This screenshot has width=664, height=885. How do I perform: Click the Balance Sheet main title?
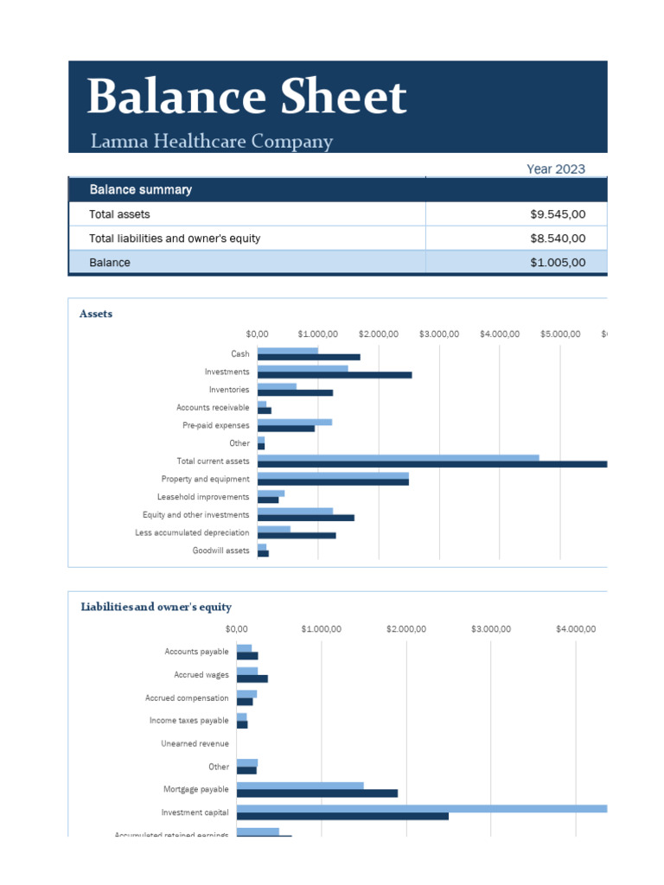click(x=246, y=98)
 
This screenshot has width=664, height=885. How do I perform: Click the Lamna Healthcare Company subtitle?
click(x=212, y=142)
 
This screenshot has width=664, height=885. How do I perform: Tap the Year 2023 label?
click(x=555, y=169)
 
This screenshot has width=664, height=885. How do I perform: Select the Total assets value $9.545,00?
click(x=558, y=213)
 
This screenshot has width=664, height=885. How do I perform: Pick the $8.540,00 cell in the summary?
click(x=558, y=238)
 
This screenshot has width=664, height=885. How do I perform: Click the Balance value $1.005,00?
click(x=558, y=262)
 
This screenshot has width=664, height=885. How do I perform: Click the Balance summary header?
click(x=141, y=189)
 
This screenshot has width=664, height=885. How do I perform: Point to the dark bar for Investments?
click(x=335, y=375)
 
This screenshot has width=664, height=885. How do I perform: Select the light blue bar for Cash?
click(x=288, y=351)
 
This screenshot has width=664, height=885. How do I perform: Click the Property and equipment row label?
click(x=205, y=479)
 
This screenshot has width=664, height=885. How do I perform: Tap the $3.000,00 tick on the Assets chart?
click(x=439, y=334)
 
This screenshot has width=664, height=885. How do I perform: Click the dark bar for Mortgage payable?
click(x=316, y=793)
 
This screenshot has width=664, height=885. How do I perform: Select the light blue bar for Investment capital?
click(x=422, y=809)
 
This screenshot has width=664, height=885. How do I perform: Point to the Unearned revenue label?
click(x=195, y=743)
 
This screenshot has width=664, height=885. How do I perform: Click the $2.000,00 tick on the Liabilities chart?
click(x=406, y=628)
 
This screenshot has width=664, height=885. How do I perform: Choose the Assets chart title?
click(x=96, y=314)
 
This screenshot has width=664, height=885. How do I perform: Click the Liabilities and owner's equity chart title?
click(x=156, y=607)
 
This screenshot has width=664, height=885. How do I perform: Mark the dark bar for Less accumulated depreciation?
click(x=297, y=536)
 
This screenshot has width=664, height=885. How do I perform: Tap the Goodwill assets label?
click(x=220, y=551)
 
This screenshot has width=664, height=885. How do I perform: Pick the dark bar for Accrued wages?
click(x=252, y=678)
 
